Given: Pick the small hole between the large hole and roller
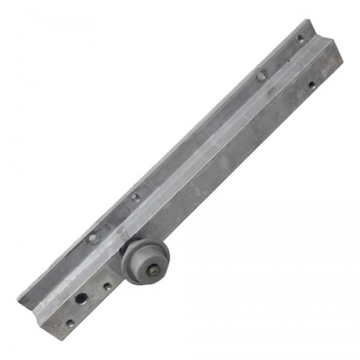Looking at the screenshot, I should (x=107, y=287).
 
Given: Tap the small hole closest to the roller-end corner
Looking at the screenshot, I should (x=70, y=323).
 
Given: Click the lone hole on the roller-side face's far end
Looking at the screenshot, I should (x=311, y=85).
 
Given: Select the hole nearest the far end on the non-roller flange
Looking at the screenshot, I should (x=300, y=38).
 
